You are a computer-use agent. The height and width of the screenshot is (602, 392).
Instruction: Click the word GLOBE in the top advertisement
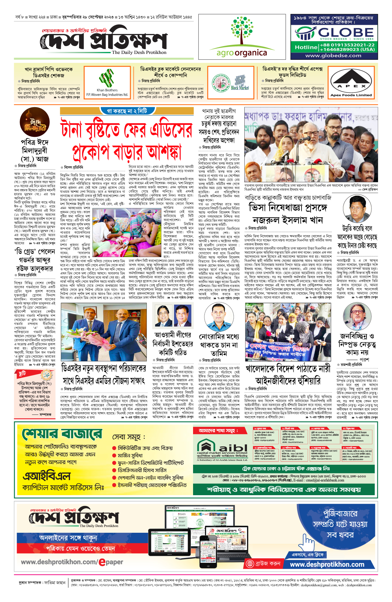[x=346, y=32]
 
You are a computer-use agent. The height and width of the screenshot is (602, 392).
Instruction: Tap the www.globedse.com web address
[x=333, y=56]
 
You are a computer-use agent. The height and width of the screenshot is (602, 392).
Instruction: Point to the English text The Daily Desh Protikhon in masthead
[x=139, y=52]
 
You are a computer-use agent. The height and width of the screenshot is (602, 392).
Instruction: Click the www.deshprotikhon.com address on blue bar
[x=327, y=564]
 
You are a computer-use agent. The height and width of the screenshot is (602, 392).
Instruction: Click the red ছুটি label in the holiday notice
[x=22, y=373]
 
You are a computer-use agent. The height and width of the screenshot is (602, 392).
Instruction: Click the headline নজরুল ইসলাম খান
[x=287, y=220]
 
